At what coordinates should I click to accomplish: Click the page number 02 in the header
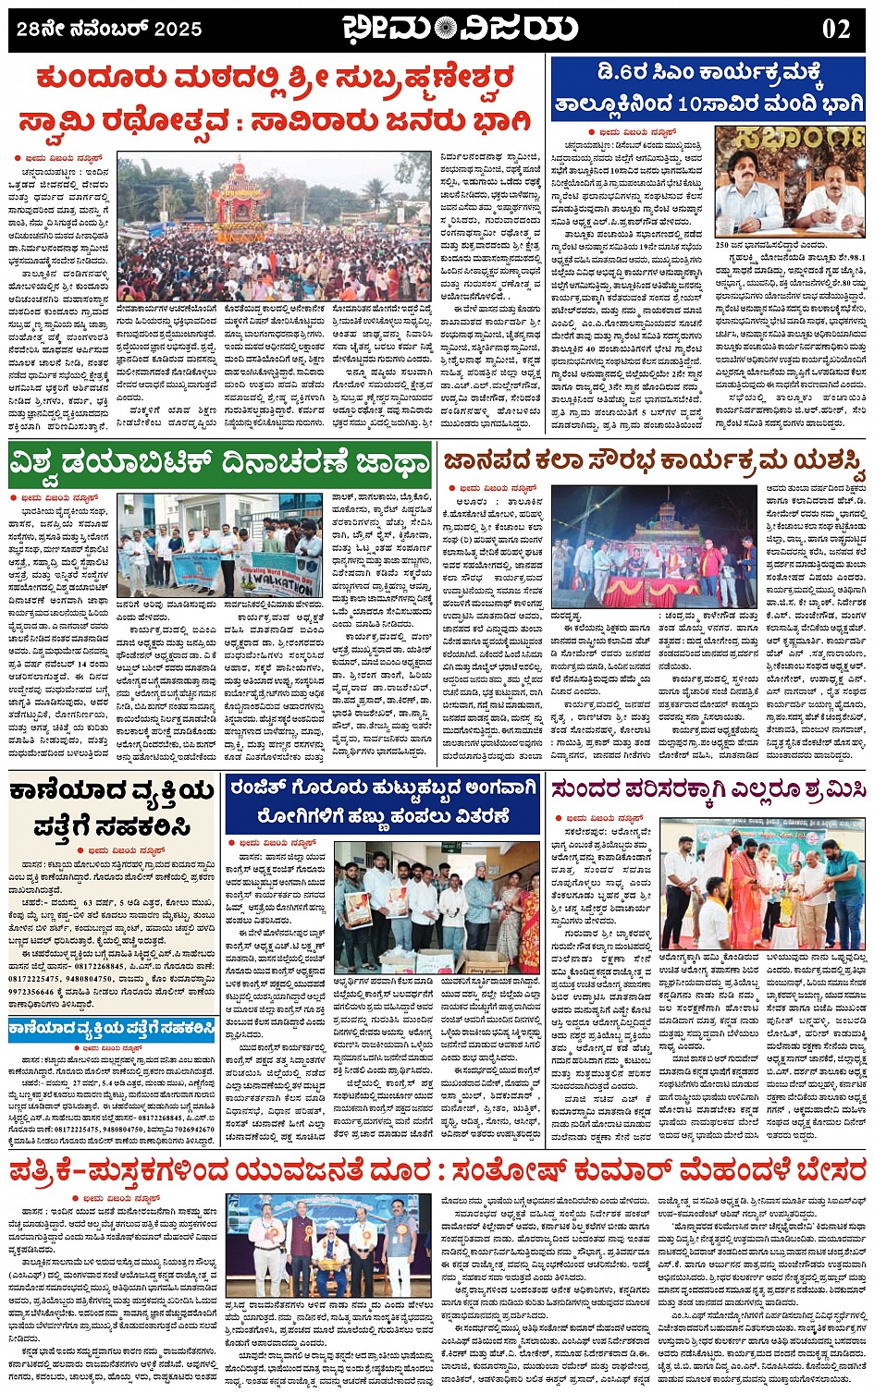(x=836, y=29)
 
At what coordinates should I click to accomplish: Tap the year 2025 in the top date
(x=178, y=30)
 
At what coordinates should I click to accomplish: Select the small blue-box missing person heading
(x=113, y=1029)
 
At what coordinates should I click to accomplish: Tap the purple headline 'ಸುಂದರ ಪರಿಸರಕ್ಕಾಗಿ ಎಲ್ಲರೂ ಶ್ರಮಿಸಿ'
(x=709, y=790)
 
